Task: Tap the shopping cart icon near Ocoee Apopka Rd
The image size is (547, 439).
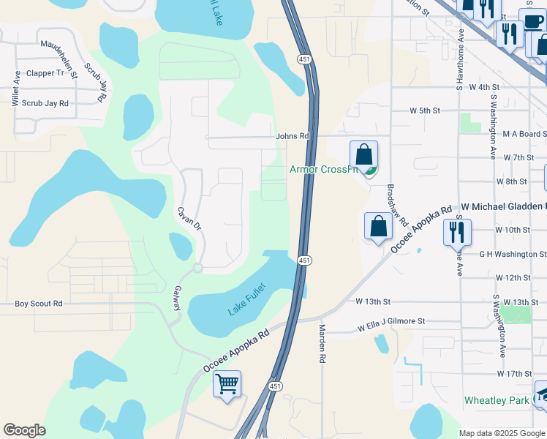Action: point(227,383)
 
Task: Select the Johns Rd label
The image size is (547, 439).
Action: point(292,136)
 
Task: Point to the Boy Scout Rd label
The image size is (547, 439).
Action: point(39,304)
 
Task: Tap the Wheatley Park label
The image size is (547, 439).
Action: point(496,401)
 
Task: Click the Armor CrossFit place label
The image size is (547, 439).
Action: point(322,170)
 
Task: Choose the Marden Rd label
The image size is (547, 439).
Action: point(322,345)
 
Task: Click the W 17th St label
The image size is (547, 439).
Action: point(513,374)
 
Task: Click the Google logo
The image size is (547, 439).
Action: point(25,430)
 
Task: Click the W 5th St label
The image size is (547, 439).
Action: point(425,111)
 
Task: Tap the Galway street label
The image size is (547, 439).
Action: point(176,299)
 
